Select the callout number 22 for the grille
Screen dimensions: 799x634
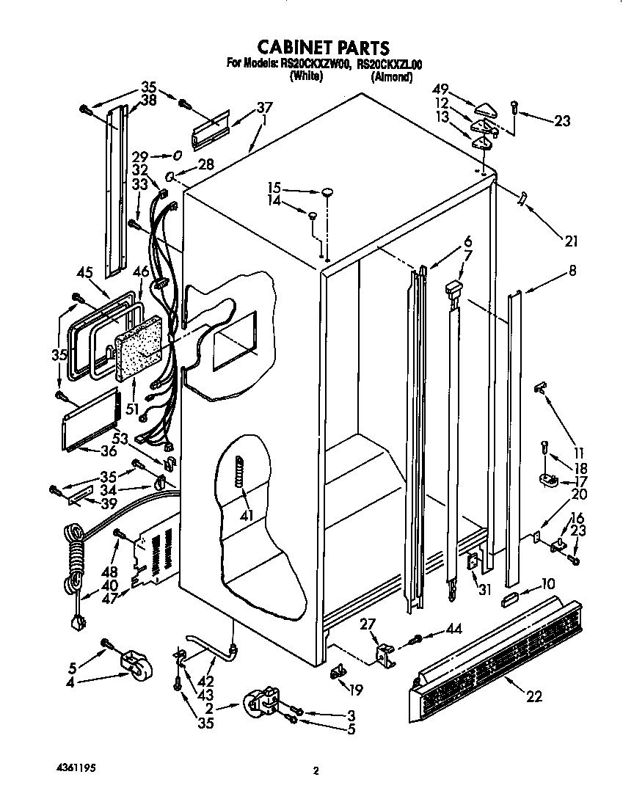[534, 696]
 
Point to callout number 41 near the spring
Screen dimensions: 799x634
[247, 516]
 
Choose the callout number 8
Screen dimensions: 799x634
[572, 271]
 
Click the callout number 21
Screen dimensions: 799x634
[571, 240]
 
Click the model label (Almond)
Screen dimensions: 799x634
[390, 76]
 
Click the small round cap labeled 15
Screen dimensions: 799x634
[327, 191]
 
